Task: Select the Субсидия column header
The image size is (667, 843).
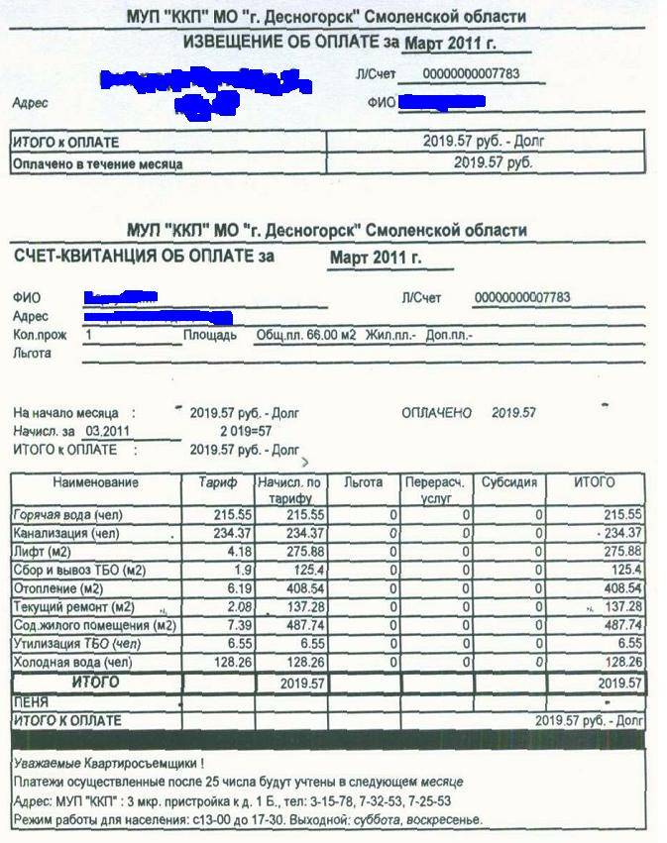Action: pos(509,483)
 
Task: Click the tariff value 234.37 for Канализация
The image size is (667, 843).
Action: pos(233,533)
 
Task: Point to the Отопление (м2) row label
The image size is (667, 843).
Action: pos(60,588)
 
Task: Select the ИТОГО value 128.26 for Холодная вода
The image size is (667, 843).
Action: pos(622,662)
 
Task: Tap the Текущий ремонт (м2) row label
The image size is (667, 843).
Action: pos(73,606)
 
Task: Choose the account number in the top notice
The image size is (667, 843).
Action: pos(469,74)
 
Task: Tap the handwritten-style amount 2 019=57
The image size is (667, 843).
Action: pos(245,431)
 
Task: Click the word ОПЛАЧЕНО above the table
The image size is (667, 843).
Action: pos(437,413)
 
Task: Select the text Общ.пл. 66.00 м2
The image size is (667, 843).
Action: pos(305,336)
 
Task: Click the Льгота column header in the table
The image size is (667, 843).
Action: pos(363,483)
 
